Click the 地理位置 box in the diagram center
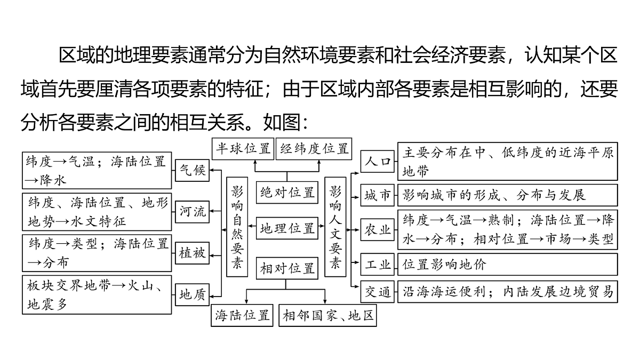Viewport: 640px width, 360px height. (x=287, y=228)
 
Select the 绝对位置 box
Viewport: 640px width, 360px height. (x=287, y=193)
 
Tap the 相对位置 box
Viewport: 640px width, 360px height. (x=287, y=268)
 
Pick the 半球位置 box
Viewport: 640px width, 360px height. (x=243, y=149)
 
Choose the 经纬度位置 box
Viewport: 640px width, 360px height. (x=314, y=149)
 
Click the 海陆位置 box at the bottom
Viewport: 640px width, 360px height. (x=242, y=315)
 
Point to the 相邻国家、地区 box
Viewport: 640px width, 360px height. (x=327, y=315)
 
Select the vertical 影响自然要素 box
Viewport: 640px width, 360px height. (x=237, y=227)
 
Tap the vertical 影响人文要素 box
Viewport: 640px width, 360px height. (x=335, y=227)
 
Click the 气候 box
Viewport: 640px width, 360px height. (x=193, y=170)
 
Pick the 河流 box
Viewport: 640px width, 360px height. (x=193, y=212)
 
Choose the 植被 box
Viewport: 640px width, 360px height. (x=193, y=253)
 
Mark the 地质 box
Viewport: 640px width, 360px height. (x=193, y=294)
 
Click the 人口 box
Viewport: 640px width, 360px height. (x=378, y=162)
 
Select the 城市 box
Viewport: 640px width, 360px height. (x=378, y=195)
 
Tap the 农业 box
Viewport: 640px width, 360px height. (x=378, y=230)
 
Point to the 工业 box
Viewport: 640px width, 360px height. (x=378, y=265)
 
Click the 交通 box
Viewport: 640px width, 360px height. (x=378, y=292)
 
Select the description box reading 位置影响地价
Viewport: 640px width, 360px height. (x=508, y=265)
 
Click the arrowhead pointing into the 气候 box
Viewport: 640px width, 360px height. (x=212, y=170)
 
